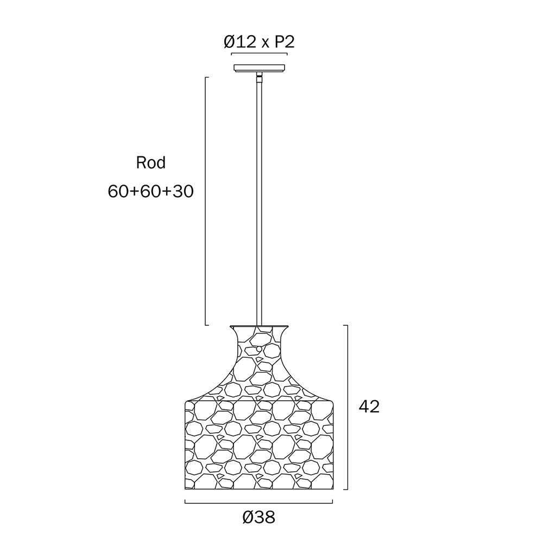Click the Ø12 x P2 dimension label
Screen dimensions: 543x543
pos(259,42)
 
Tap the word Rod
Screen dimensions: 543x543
pos(151,162)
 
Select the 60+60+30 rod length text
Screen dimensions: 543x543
pos(150,191)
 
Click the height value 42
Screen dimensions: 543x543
pos(369,407)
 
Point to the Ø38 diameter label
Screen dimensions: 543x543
pos(259,517)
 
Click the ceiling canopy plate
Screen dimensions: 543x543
pos(260,68)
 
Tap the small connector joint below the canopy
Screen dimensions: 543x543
pos(259,77)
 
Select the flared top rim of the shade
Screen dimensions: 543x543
pos(260,327)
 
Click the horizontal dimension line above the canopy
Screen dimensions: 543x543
pos(259,54)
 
